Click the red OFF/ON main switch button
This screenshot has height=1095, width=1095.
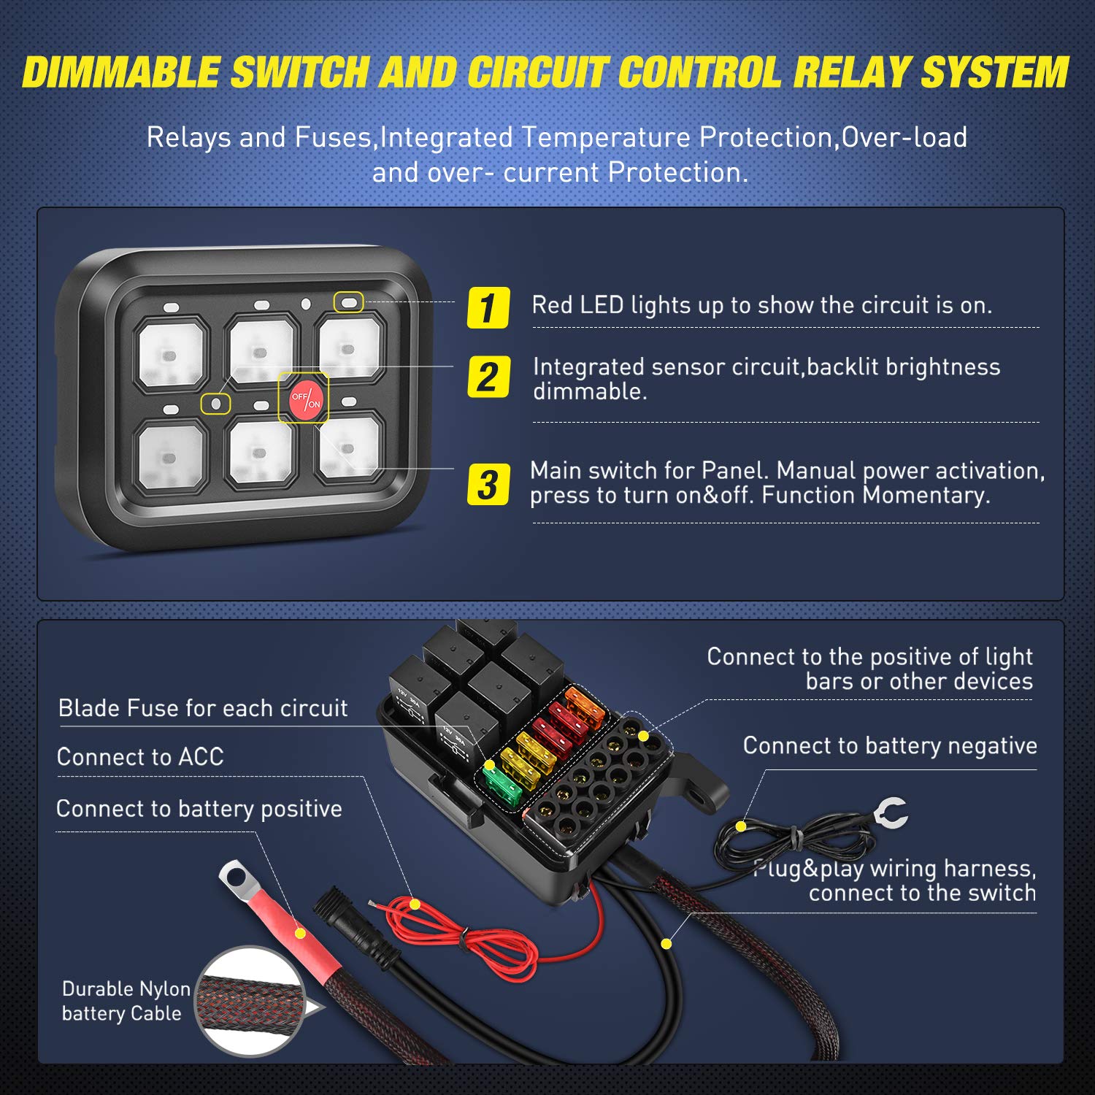click(304, 399)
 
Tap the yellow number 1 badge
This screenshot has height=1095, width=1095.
click(488, 307)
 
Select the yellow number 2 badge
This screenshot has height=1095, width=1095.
click(488, 377)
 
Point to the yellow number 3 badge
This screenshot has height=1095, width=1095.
click(488, 485)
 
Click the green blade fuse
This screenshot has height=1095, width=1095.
click(502, 784)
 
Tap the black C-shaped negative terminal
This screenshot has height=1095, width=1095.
click(892, 812)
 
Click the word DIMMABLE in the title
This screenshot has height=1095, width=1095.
click(120, 73)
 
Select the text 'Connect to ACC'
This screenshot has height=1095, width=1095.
click(140, 757)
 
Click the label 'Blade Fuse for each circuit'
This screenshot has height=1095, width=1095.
click(203, 708)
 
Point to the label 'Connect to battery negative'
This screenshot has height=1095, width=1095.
click(889, 745)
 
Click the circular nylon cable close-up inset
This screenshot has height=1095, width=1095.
click(250, 1001)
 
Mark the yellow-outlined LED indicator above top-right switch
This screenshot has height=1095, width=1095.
click(349, 301)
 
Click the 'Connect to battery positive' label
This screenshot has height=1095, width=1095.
click(199, 809)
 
